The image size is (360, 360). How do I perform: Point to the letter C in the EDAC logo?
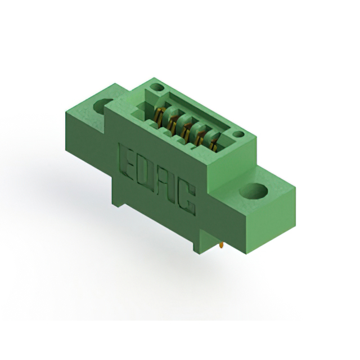point(187,200)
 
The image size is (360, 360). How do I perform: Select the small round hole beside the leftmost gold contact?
point(157,88)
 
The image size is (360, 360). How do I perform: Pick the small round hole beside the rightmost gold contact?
point(238,134)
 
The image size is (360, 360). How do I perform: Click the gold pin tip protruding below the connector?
point(222,245)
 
